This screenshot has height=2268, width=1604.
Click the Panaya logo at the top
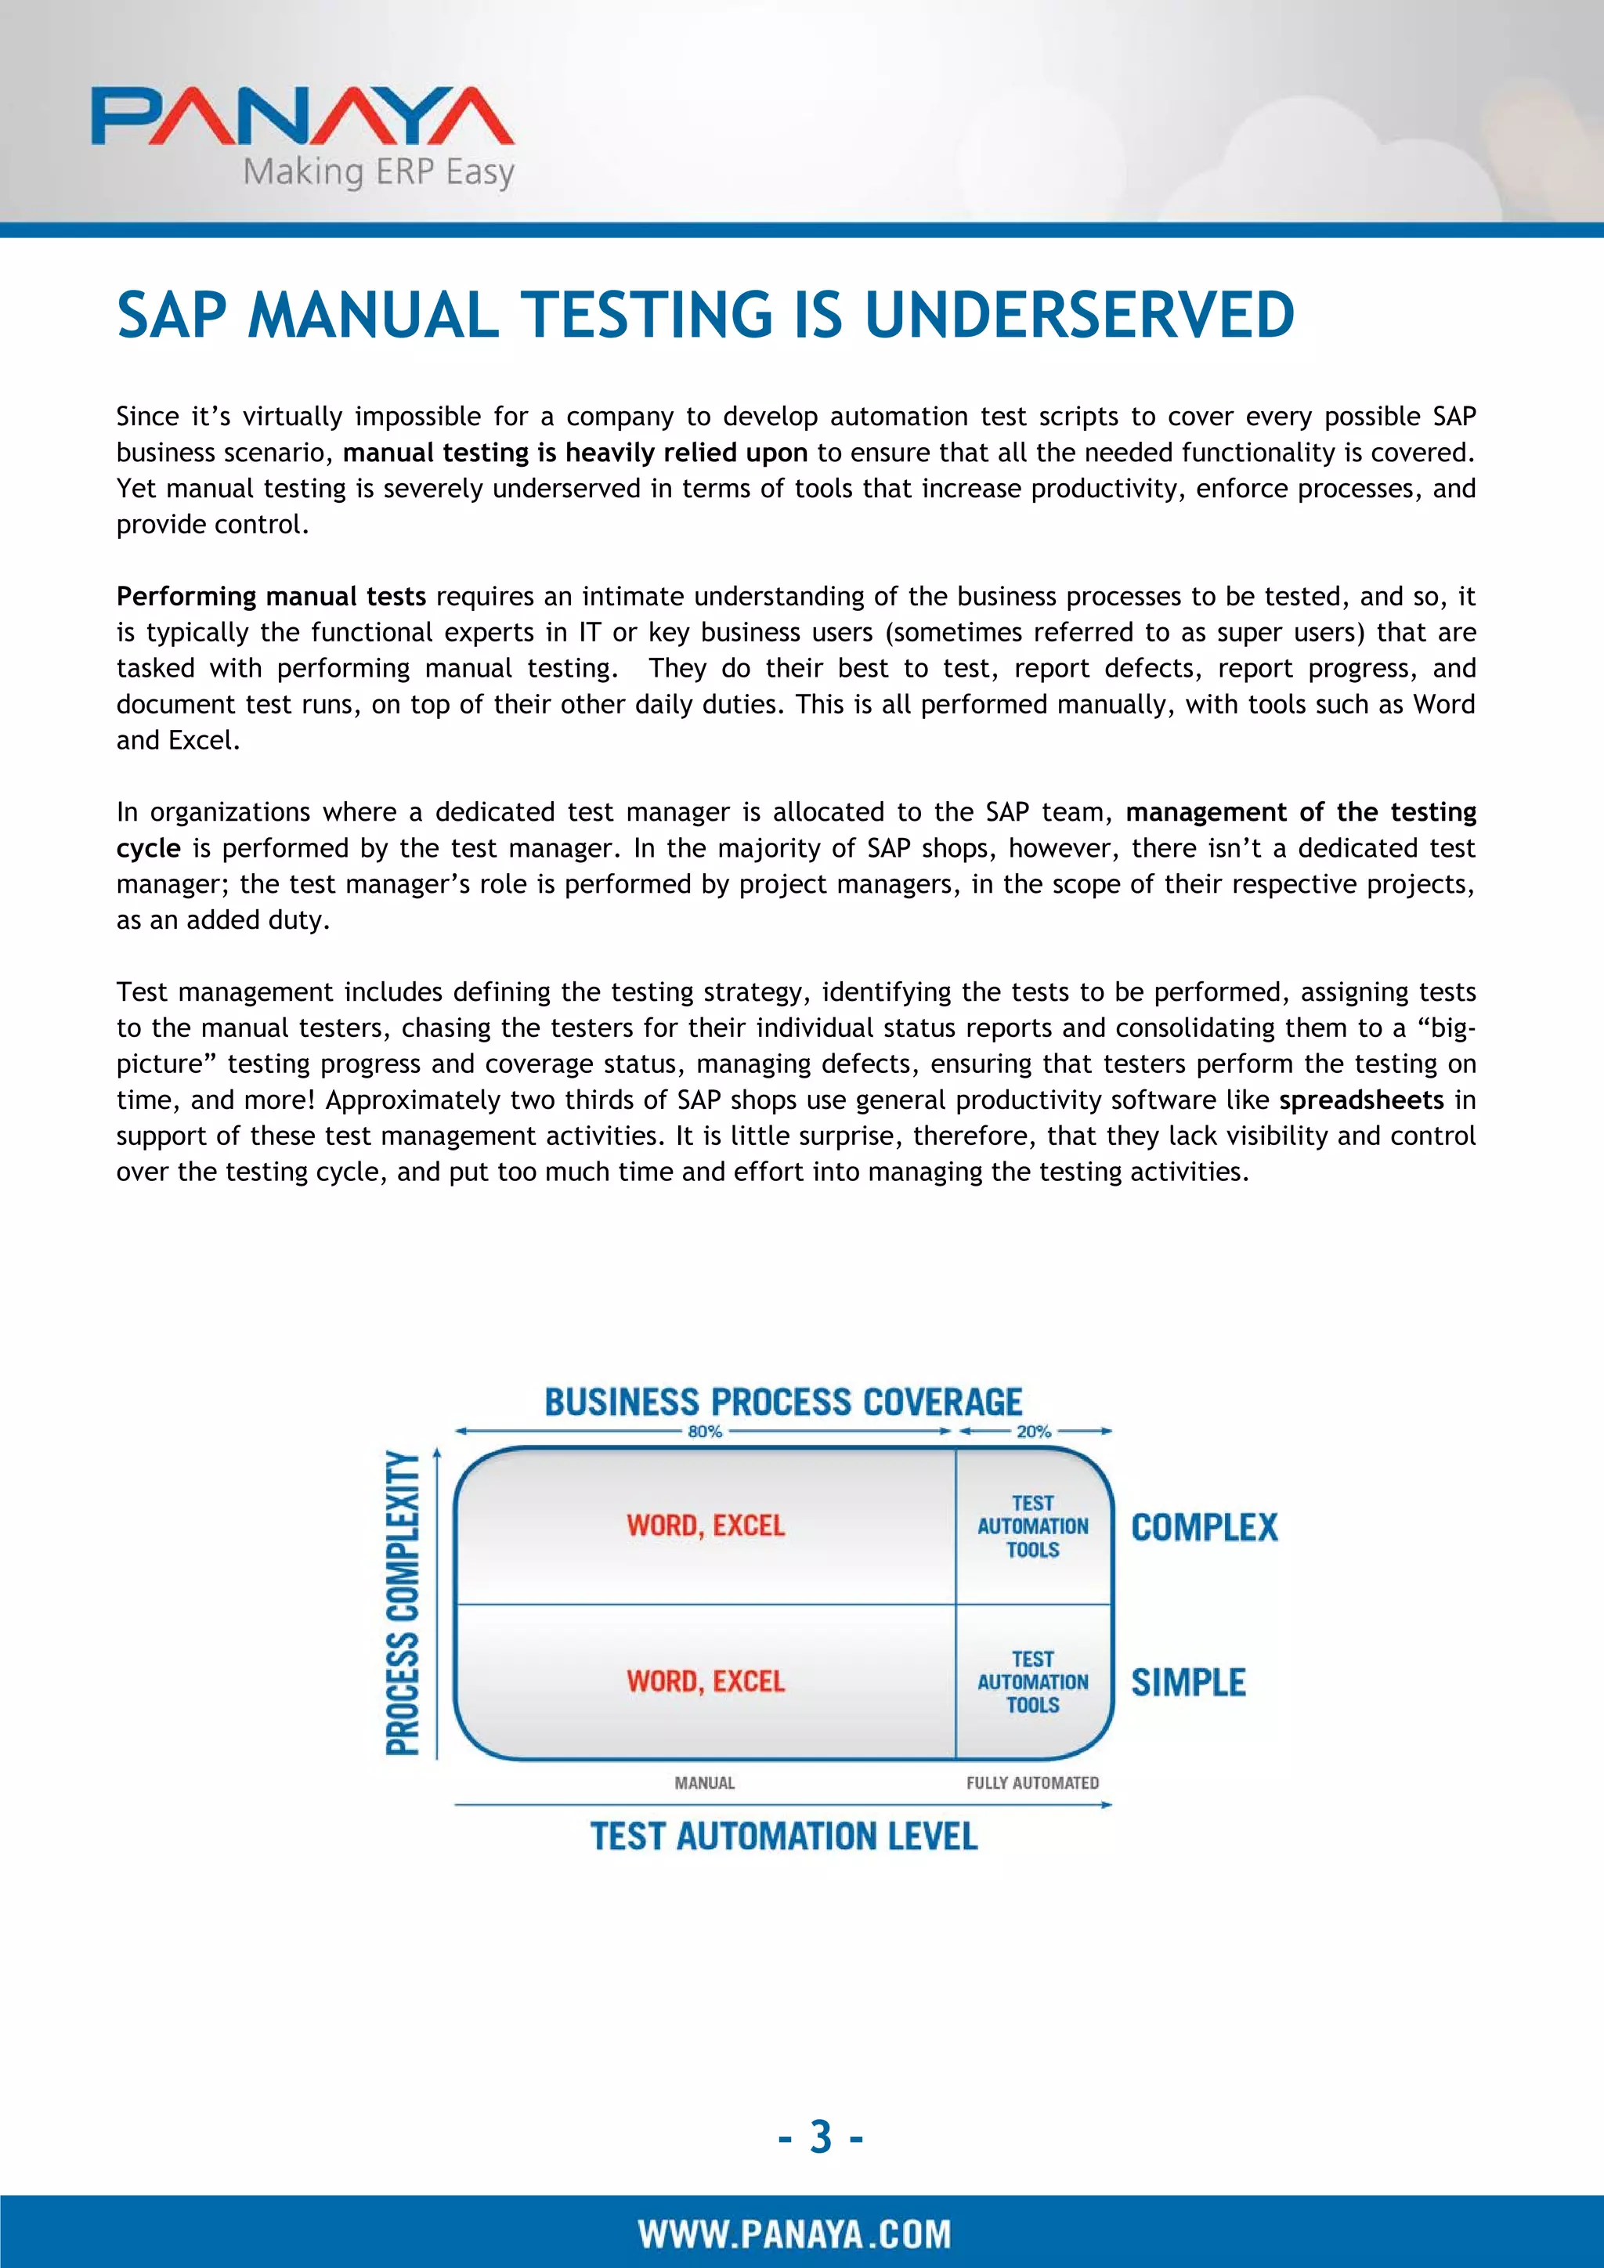point(302,117)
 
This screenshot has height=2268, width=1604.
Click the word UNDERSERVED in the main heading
point(1078,315)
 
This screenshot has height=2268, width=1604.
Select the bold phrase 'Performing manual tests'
point(271,597)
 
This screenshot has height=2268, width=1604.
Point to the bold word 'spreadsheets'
point(1361,1100)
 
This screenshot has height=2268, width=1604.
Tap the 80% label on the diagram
point(705,1432)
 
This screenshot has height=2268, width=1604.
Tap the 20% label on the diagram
point(1034,1432)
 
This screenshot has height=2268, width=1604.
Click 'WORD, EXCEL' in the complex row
point(705,1526)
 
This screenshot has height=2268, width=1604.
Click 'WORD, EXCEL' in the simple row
point(705,1681)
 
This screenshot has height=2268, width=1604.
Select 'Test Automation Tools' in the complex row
point(1033,1526)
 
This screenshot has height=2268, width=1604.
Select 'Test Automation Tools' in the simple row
point(1033,1681)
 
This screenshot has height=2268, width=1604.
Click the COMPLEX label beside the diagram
point(1204,1528)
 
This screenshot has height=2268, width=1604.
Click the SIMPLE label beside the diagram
point(1188,1682)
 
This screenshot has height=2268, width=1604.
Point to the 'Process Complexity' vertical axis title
point(402,1602)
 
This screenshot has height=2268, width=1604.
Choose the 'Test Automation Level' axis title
point(784,1837)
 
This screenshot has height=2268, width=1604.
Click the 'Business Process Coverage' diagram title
point(783,1403)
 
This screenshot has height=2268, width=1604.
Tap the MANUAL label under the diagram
point(704,1783)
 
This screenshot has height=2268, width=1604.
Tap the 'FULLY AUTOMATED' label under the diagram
point(1032,1783)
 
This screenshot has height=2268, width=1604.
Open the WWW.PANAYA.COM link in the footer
point(795,2234)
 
